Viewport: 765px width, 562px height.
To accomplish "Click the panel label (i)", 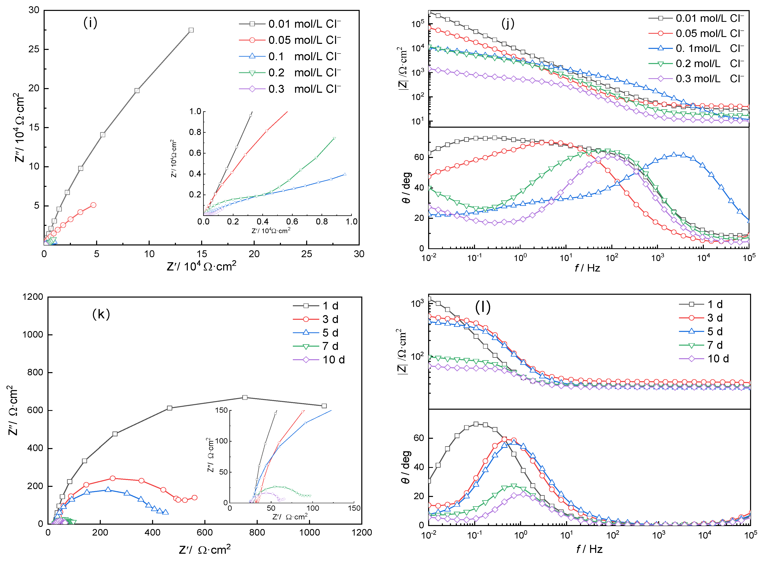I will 90,23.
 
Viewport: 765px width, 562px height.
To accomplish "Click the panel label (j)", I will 508,23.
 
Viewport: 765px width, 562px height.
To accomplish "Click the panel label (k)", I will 101,314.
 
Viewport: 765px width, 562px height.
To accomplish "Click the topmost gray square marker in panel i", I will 191,30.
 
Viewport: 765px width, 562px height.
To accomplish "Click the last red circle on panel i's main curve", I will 94,205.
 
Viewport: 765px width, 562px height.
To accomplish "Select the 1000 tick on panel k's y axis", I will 33,334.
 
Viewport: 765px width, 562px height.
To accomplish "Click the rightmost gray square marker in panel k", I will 324,406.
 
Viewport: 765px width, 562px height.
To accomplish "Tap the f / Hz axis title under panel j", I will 587,268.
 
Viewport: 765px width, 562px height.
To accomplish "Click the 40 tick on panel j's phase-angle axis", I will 419,187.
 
